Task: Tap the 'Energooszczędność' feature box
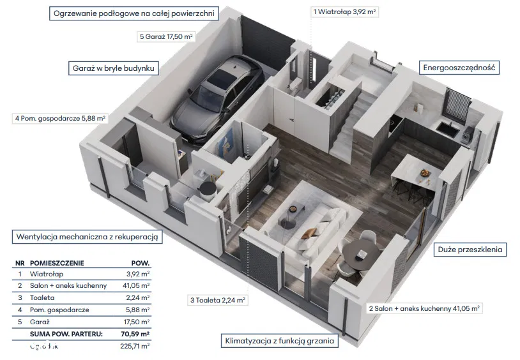(x=459, y=68)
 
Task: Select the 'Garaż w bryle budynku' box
(x=114, y=68)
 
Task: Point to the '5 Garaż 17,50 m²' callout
(x=165, y=37)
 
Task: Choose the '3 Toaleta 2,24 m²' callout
(x=218, y=299)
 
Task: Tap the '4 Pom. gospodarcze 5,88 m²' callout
(x=60, y=118)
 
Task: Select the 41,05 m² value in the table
(x=136, y=285)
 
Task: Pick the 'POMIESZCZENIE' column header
(x=56, y=262)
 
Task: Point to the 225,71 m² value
(x=135, y=346)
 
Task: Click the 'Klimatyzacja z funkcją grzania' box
(x=279, y=341)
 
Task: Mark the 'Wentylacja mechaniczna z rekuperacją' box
(x=88, y=237)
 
